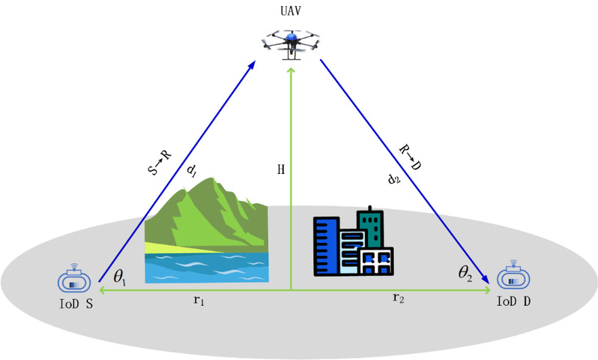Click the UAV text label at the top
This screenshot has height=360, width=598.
pos(291,10)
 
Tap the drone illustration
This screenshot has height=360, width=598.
pos(291,45)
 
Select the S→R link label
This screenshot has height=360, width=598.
pos(160,162)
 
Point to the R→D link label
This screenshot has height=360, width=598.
pos(410,157)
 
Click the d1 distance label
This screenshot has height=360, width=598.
pos(191,171)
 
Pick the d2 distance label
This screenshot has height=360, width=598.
pos(393,178)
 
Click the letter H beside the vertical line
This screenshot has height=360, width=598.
pos(281,169)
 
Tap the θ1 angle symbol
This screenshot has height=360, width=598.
pos(119,277)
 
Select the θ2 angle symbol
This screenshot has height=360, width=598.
pos(465,273)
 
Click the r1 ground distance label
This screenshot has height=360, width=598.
pos(199,301)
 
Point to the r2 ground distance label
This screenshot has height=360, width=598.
pos(398,298)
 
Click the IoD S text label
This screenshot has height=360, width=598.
pos(76,304)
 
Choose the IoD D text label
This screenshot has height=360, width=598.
pos(513,301)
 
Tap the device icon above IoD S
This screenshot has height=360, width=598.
pos(74,279)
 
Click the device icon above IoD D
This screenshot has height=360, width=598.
pos(513,276)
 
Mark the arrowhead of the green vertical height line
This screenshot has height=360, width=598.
pos(291,71)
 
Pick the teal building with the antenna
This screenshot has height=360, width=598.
pos(371,227)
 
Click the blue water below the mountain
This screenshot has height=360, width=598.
pos(207,267)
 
